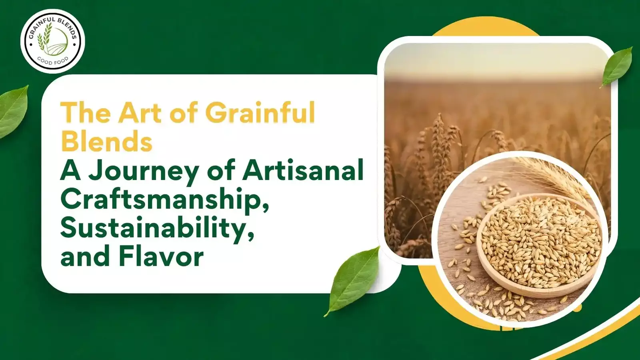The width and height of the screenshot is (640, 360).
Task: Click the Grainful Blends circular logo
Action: pos(52,41)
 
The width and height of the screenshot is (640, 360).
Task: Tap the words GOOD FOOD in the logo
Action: pos(53,61)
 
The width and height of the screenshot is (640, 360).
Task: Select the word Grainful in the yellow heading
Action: pos(260,112)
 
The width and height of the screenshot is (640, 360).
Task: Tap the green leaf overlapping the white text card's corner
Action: pos(352,281)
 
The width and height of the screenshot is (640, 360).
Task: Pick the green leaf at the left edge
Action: pos(14,112)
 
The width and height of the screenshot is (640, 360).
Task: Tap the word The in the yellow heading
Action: pos(86,112)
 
